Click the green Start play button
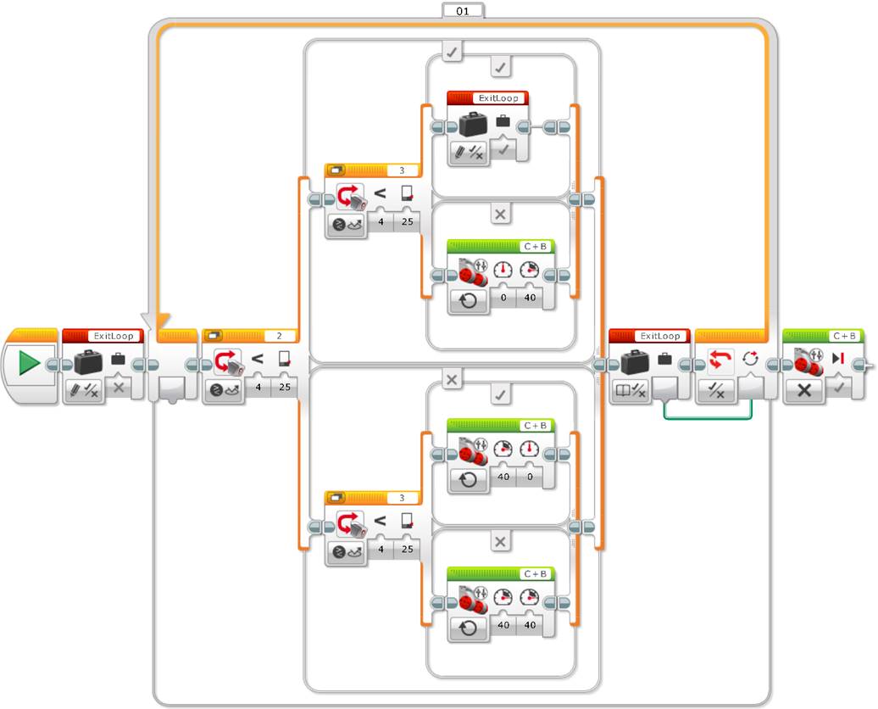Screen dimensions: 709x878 (x=30, y=364)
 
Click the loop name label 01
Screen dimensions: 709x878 (x=463, y=10)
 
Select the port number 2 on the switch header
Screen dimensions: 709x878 (x=279, y=335)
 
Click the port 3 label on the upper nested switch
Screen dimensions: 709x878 (x=402, y=170)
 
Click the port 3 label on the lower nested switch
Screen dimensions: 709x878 (x=402, y=498)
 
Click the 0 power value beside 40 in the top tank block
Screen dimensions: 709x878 (x=503, y=298)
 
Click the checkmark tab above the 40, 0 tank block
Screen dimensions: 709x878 (x=500, y=393)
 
